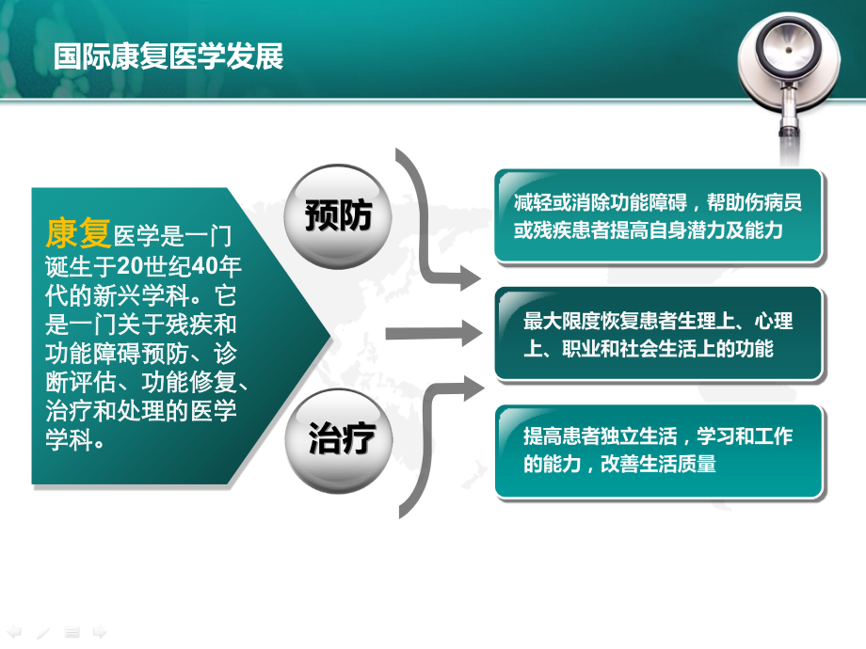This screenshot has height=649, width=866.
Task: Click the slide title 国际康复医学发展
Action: [x=168, y=55]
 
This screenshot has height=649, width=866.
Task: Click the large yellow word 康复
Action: [x=78, y=234]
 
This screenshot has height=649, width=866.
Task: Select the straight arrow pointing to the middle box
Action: [x=433, y=333]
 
